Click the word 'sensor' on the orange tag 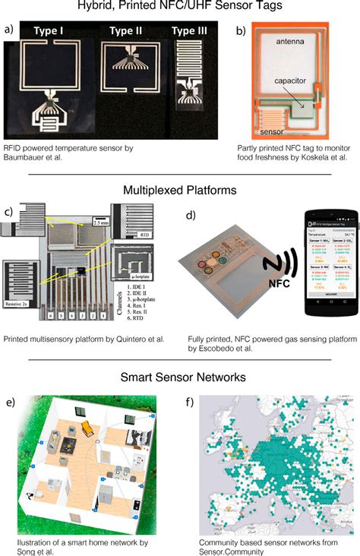click(270, 130)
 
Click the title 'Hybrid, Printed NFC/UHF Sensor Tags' click(180, 8)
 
